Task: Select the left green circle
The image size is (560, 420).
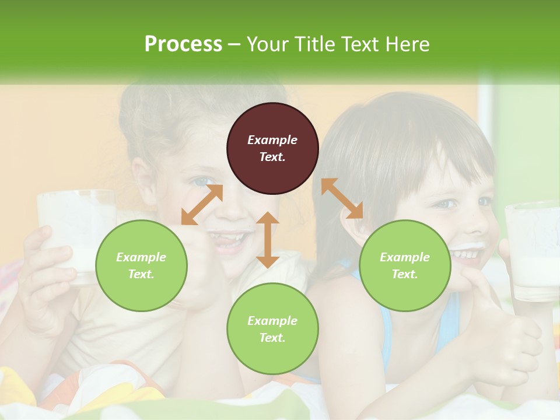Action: tap(141, 265)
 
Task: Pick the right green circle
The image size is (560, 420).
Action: tap(405, 265)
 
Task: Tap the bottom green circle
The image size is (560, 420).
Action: tap(272, 329)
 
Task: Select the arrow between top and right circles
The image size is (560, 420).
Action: tap(342, 198)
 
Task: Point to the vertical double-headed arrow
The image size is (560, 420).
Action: tap(268, 240)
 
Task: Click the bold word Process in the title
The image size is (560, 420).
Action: tap(183, 44)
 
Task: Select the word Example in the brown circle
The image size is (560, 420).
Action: tap(272, 140)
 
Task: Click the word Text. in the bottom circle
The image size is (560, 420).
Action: tap(272, 338)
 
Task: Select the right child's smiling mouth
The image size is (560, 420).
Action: tap(467, 255)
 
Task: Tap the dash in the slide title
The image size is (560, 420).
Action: tap(235, 44)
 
